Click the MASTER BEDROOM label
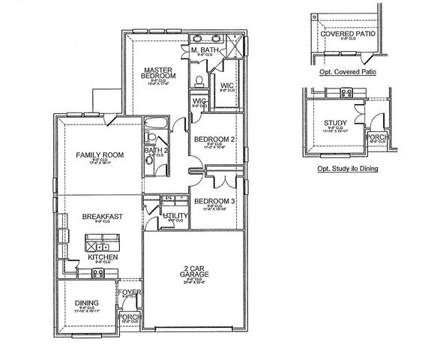click(x=159, y=73)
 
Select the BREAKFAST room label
click(x=102, y=216)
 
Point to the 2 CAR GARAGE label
click(x=193, y=273)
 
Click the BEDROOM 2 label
click(x=215, y=139)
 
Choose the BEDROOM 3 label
click(x=215, y=201)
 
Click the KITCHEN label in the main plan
click(x=102, y=257)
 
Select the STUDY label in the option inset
click(x=335, y=122)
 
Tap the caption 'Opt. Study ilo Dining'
click(x=347, y=169)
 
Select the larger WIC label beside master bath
click(x=227, y=86)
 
